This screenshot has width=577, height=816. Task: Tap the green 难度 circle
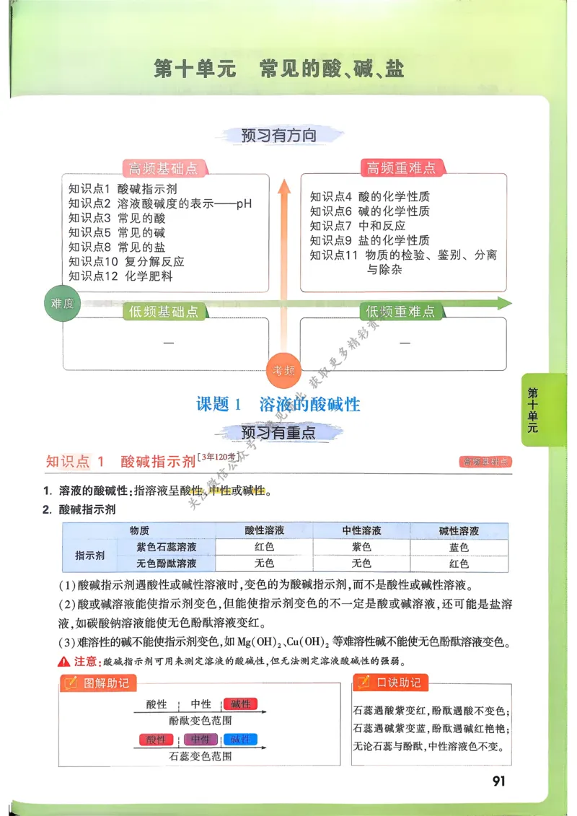pyautogui.click(x=63, y=304)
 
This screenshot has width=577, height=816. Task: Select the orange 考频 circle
pyautogui.click(x=283, y=371)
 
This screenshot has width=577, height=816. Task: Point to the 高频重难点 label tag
pyautogui.click(x=402, y=168)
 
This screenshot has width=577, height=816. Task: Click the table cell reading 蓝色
pyautogui.click(x=459, y=548)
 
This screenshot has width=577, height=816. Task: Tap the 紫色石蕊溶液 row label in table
pyautogui.click(x=167, y=548)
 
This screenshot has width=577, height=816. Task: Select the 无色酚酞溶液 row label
pyautogui.click(x=167, y=563)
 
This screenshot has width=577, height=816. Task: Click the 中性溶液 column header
pyautogui.click(x=361, y=531)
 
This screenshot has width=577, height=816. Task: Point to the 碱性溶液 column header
pyautogui.click(x=459, y=531)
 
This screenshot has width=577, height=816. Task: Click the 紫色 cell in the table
pyautogui.click(x=361, y=548)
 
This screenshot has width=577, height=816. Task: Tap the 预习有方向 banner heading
pyautogui.click(x=278, y=135)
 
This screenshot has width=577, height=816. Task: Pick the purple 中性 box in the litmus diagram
pyautogui.click(x=201, y=740)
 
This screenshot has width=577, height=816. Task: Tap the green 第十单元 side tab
pyautogui.click(x=533, y=410)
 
